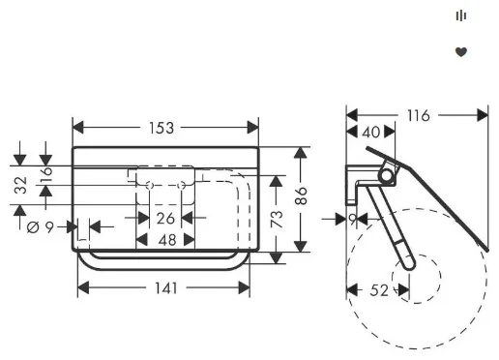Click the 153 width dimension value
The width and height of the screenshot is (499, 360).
click(x=161, y=128)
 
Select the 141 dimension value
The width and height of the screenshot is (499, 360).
click(x=166, y=288)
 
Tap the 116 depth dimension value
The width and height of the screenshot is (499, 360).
click(x=419, y=116)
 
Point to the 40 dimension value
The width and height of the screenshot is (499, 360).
click(x=371, y=133)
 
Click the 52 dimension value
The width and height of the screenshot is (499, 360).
click(x=379, y=290)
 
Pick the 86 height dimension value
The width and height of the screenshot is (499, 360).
click(x=301, y=195)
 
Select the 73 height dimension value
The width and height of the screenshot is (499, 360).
click(x=277, y=219)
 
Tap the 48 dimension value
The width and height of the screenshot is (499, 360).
click(x=167, y=240)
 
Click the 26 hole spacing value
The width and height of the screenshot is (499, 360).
click(x=165, y=219)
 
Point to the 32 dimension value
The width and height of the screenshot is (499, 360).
click(x=21, y=185)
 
